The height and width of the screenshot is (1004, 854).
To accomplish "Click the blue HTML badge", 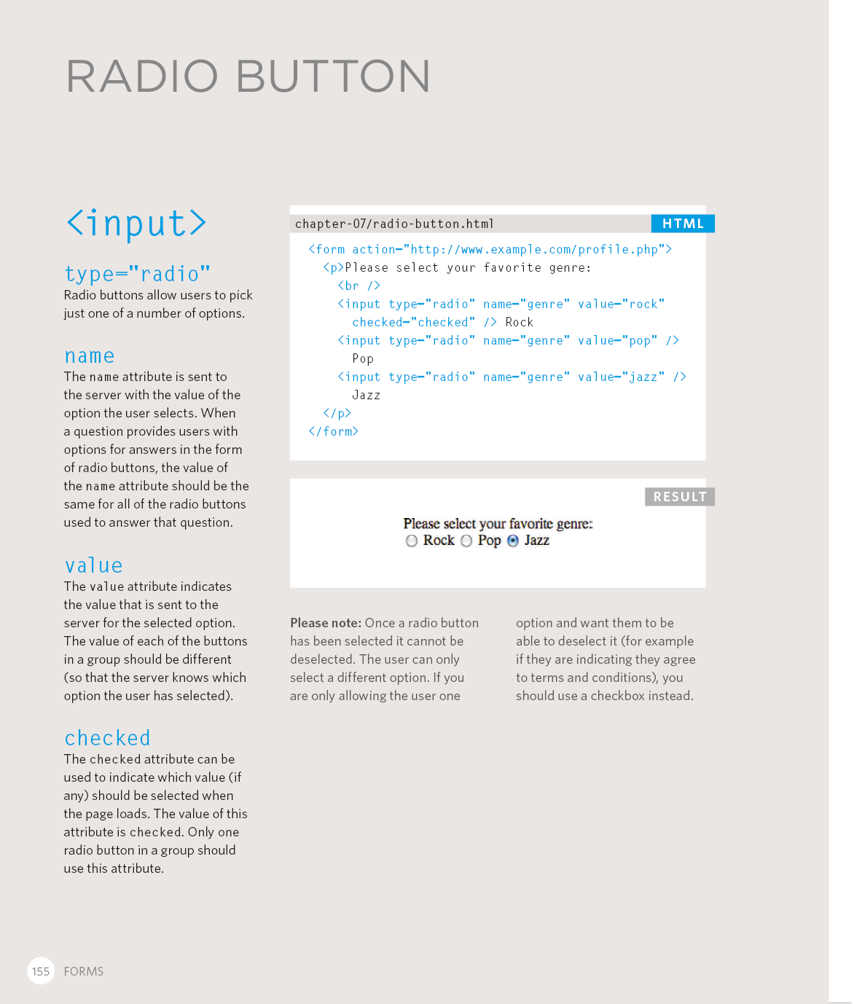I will point(683,224).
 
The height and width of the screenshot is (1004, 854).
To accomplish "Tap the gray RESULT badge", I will point(679,497).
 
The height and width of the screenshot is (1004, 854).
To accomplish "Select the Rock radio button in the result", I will point(412,541).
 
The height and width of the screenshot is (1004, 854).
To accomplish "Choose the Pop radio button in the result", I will point(466,541).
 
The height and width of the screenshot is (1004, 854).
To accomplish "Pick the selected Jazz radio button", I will point(513,541).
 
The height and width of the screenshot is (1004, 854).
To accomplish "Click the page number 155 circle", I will point(41,971).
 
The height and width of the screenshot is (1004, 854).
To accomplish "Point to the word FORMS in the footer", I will point(84,971).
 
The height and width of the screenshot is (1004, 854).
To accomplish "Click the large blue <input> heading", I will point(136,224).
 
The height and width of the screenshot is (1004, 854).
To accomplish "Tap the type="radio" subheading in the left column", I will point(137,274).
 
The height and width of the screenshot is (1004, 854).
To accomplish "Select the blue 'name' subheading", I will point(90,356).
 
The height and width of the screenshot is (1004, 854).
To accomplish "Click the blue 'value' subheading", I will point(94,566).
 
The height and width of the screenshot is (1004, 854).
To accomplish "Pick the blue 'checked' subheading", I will point(108,739).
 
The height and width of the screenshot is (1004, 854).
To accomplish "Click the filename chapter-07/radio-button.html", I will point(394,224).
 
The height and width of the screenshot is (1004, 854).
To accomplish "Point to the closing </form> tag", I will point(334,431).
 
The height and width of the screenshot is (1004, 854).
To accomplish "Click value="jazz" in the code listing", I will point(621,377).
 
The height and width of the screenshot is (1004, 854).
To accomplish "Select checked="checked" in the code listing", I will point(413,322).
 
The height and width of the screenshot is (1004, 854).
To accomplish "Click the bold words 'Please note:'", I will point(326,623).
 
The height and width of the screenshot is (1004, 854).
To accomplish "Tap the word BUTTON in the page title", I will point(333,77).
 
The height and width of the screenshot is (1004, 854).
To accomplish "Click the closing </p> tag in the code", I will point(337,413).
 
